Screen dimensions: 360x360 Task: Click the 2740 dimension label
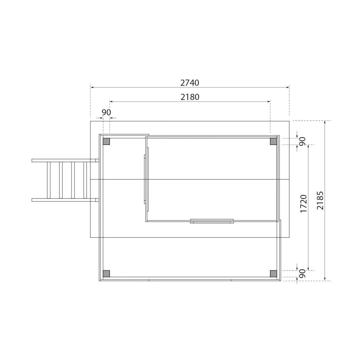pyautogui.click(x=190, y=83)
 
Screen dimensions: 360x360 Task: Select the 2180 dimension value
pyautogui.click(x=190, y=97)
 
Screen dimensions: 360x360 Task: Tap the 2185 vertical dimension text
pyautogui.click(x=320, y=200)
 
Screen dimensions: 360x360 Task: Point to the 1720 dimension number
pyautogui.click(x=304, y=204)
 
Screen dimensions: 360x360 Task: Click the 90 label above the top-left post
pyautogui.click(x=106, y=112)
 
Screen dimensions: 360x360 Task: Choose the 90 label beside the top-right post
pyautogui.click(x=302, y=141)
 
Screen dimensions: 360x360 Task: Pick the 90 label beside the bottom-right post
pyautogui.click(x=302, y=273)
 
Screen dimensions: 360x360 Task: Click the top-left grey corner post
pyautogui.click(x=106, y=142)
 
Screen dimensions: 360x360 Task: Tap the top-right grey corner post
pyautogui.click(x=273, y=142)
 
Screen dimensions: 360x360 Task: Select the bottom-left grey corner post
pyautogui.click(x=106, y=274)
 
